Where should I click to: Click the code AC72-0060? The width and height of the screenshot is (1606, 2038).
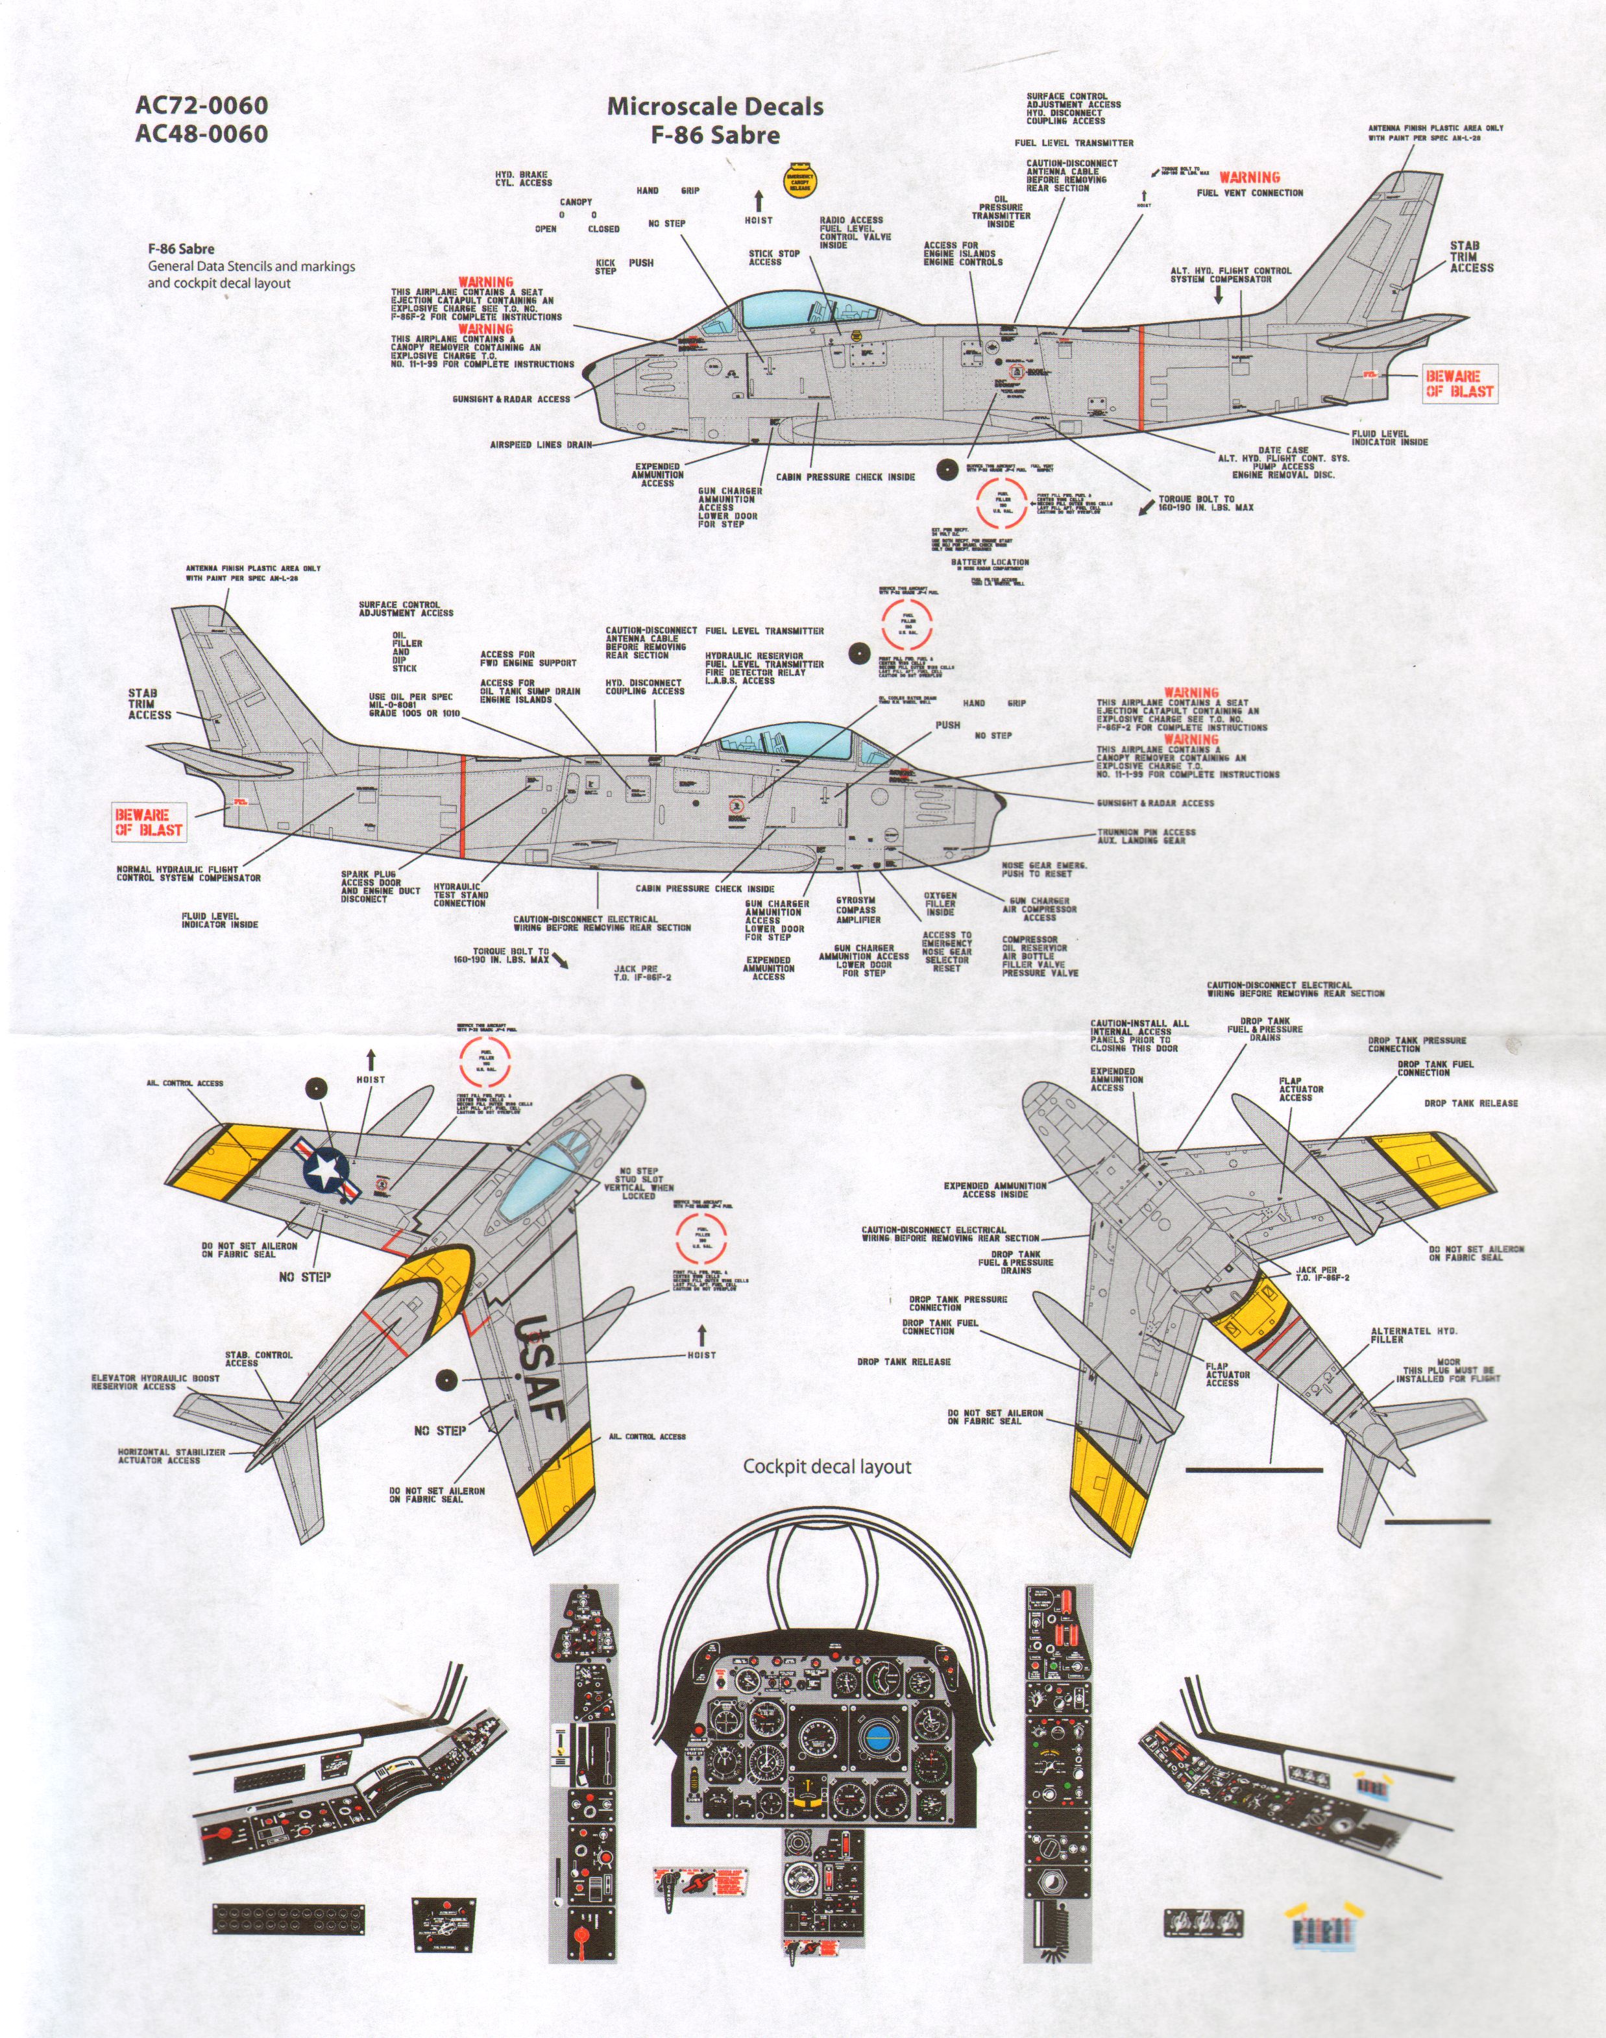point(201,104)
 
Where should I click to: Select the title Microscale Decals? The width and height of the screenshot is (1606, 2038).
point(714,106)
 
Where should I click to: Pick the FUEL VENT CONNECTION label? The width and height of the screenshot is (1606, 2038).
point(1250,193)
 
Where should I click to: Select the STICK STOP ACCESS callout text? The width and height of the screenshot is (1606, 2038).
point(774,258)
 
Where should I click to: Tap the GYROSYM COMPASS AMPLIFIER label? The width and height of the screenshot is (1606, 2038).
point(858,909)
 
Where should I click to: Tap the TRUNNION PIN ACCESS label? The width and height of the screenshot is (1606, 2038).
point(1146,836)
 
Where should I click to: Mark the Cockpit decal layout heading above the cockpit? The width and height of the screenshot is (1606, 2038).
point(827,1466)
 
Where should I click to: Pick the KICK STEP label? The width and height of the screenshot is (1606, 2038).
point(605,267)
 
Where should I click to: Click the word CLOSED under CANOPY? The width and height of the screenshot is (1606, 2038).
point(603,228)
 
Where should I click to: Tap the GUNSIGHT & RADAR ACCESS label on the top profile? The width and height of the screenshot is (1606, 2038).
point(511,398)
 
